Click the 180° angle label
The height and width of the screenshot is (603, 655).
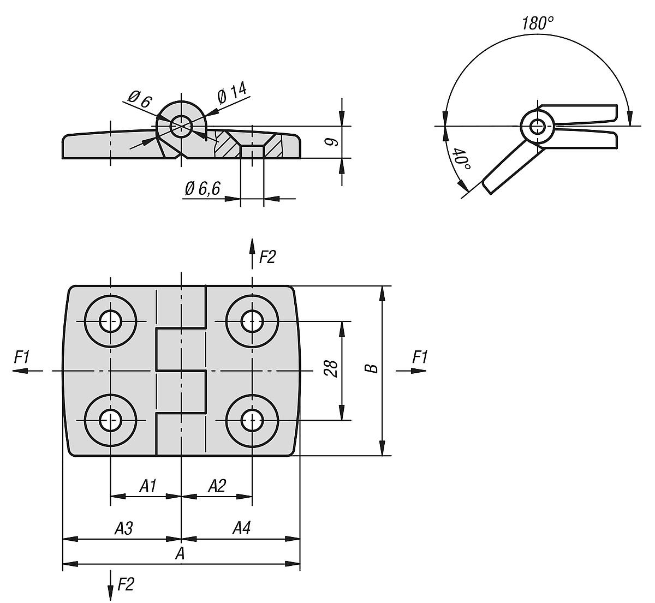(537, 23)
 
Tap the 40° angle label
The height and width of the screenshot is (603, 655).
(462, 160)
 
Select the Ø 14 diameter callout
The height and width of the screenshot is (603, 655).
(232, 93)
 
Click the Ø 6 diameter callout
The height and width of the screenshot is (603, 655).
(139, 99)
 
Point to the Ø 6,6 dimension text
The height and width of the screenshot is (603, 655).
(202, 189)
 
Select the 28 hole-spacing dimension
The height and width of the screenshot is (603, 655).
(330, 369)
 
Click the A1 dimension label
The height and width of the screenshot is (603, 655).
(148, 485)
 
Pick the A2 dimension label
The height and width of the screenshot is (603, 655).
(217, 485)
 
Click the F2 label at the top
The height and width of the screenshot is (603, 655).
(267, 257)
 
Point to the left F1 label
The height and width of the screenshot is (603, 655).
(22, 357)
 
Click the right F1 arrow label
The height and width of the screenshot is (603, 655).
(420, 357)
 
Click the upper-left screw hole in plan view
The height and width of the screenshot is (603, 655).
(111, 321)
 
